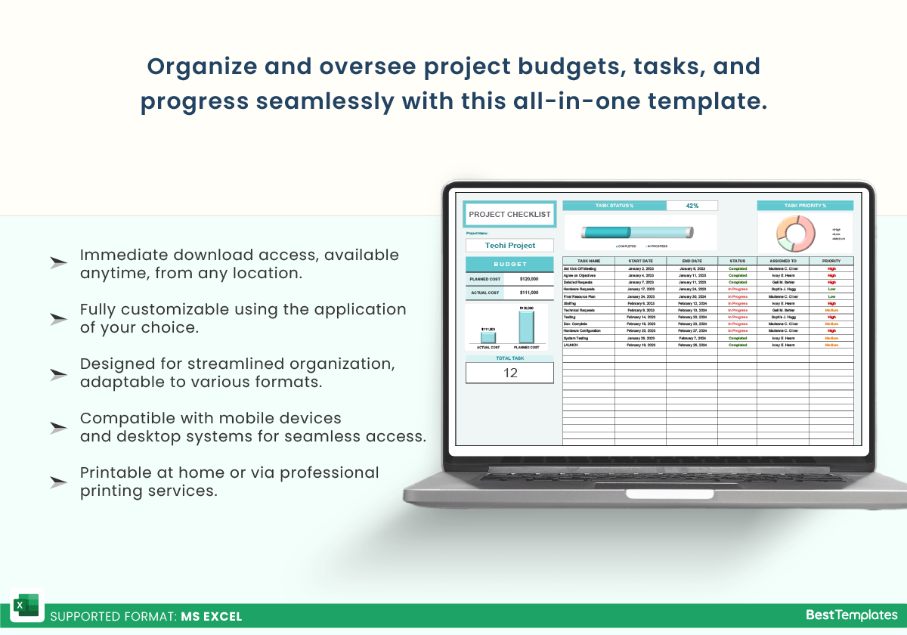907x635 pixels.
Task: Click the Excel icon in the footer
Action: tap(27, 606)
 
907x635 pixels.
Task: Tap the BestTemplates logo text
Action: tap(851, 615)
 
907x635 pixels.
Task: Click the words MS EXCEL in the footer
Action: tap(212, 616)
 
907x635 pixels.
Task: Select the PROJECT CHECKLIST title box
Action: tap(509, 215)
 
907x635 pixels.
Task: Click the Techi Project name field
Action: tap(509, 246)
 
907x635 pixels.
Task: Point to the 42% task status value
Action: tap(692, 206)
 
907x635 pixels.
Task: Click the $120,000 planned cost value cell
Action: tap(529, 279)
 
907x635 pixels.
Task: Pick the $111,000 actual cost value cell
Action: tap(529, 293)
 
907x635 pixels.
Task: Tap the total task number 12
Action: tap(510, 373)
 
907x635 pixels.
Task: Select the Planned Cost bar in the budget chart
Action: tap(526, 327)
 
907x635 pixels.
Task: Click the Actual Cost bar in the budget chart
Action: tap(488, 337)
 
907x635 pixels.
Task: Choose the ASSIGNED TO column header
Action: tap(782, 261)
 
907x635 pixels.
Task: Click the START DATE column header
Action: tap(640, 261)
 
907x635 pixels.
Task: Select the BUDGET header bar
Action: tap(509, 265)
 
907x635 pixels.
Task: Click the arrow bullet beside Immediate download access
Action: tap(58, 263)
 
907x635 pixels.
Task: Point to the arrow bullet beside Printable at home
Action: tap(58, 482)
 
